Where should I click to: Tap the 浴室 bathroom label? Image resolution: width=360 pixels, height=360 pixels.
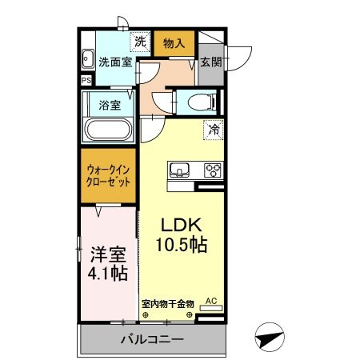coord(110,104)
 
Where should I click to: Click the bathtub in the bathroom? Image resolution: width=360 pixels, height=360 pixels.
coord(109,130)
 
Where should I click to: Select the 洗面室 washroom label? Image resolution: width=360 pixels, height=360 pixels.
coord(115,62)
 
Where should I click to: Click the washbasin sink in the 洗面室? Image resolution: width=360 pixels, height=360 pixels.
coord(88,59)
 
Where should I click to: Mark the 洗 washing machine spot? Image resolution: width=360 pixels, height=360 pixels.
coord(139,42)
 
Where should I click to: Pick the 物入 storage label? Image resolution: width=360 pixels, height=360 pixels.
coord(174,42)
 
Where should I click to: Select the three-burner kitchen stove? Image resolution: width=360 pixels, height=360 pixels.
coord(214,170)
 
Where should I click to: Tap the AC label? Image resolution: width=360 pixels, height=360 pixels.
coord(211,301)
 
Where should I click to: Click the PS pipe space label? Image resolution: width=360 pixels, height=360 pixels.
coord(86,80)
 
